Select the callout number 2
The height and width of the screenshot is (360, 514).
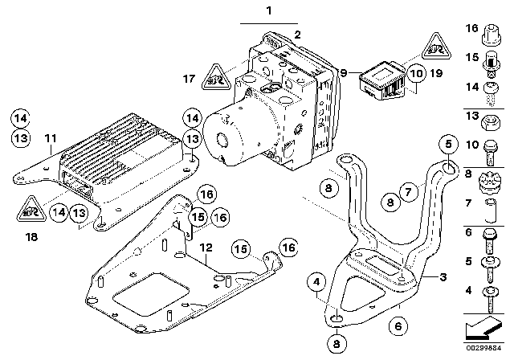tap(296, 35)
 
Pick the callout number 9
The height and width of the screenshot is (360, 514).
tap(344, 73)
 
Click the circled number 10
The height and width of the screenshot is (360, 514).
tap(415, 73)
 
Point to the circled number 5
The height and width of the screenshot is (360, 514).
tap(448, 145)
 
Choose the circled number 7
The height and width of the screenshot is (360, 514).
tap(408, 190)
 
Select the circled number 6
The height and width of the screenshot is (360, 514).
tap(394, 325)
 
